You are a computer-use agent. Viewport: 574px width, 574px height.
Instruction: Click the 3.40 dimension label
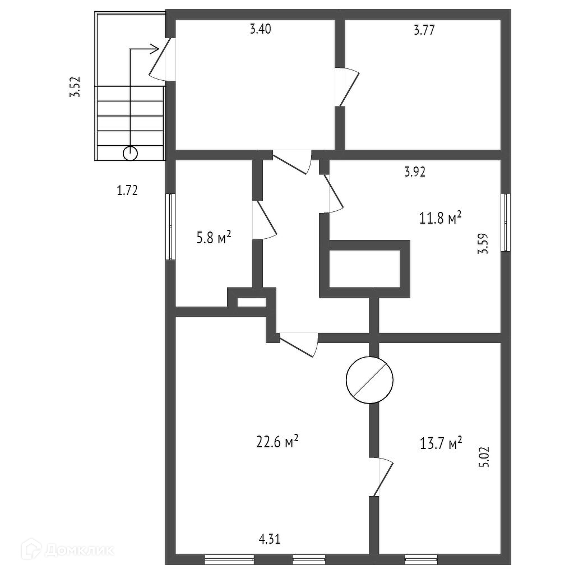[x=261, y=30]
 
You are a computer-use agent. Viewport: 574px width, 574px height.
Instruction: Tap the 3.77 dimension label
[x=424, y=30]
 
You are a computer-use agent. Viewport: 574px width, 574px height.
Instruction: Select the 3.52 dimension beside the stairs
[x=75, y=87]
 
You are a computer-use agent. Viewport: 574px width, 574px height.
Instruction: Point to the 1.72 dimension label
[x=127, y=191]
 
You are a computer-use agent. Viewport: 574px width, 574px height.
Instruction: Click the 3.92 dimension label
[x=415, y=172]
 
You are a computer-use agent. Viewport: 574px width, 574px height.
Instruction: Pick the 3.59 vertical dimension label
[x=483, y=244]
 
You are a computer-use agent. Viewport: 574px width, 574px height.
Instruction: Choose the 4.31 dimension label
[x=269, y=539]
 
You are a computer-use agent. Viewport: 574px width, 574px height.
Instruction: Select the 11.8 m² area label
[x=441, y=217]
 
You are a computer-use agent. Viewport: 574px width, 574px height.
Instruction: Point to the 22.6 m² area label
[x=277, y=442]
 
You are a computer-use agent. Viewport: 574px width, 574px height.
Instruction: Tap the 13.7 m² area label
[x=441, y=443]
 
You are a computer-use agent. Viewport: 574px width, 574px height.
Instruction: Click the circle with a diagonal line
[x=368, y=380]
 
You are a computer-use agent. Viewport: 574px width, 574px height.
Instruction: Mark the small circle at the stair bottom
[x=130, y=152]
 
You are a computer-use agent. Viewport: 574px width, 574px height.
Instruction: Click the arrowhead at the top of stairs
[x=155, y=49]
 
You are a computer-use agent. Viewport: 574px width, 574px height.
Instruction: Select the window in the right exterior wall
[x=506, y=222]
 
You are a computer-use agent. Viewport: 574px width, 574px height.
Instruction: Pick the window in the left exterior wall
[x=170, y=226]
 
